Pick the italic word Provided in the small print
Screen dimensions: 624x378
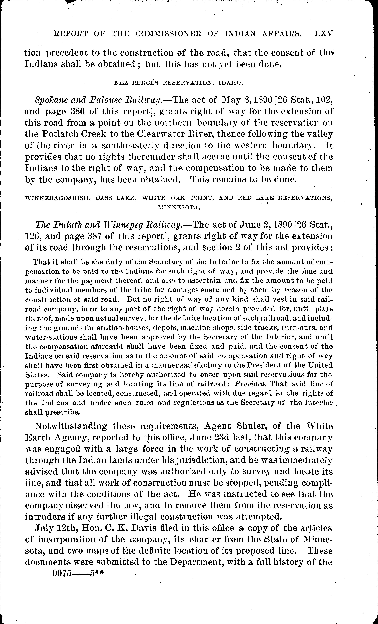250,384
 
